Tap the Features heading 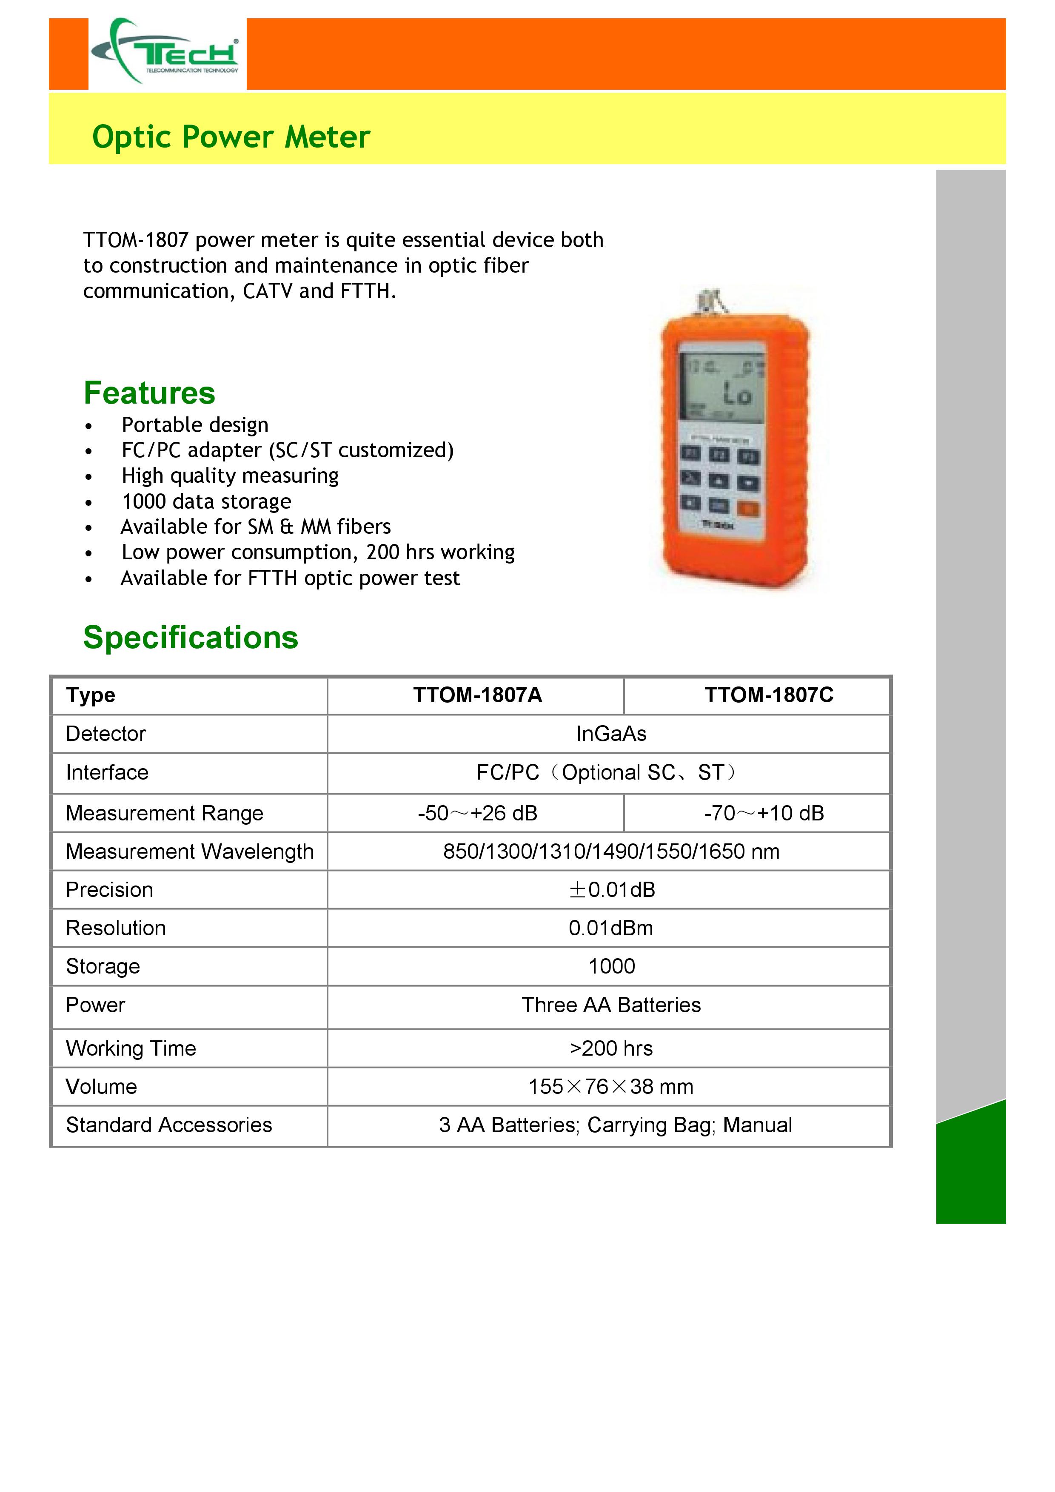(x=149, y=393)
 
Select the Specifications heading (x=191, y=638)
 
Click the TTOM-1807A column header (x=477, y=695)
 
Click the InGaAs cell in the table (x=611, y=734)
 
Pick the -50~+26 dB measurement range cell (x=477, y=813)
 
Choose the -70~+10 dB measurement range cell (x=764, y=813)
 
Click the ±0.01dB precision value (x=611, y=890)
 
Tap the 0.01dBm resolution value (x=611, y=928)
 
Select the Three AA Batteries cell (x=611, y=1005)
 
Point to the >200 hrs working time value (x=611, y=1048)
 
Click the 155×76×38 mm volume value (x=611, y=1087)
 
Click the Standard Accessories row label (x=169, y=1125)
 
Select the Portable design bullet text (x=195, y=425)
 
